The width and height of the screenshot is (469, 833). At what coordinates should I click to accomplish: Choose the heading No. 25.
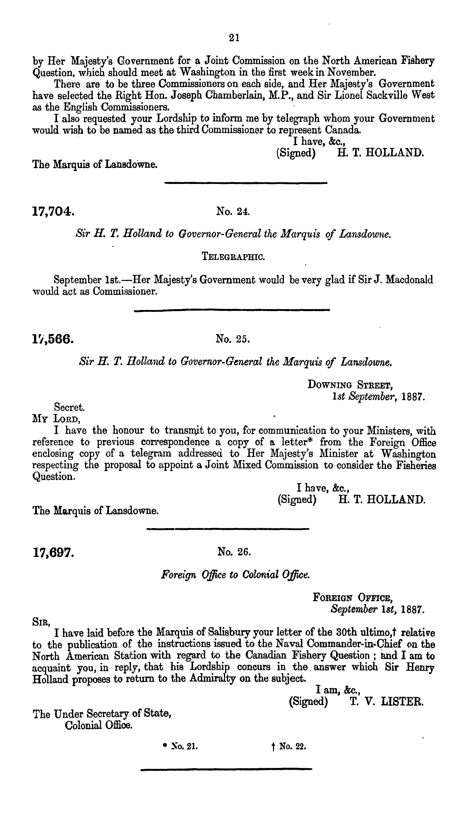(233, 339)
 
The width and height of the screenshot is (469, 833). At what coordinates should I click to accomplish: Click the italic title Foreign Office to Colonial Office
(235, 575)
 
